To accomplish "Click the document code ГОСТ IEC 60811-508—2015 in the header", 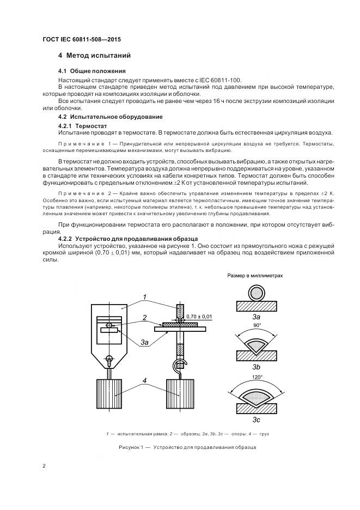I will (x=81, y=40).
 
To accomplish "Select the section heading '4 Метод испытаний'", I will (x=94, y=56).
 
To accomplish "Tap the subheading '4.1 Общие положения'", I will (x=91, y=71).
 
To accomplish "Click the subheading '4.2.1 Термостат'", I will (x=83, y=126).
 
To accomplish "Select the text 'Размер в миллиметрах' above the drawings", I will (x=255, y=276).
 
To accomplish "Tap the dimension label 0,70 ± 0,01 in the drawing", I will (x=199, y=316).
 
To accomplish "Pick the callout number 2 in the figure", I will (x=144, y=317).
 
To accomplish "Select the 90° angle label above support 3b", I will (x=257, y=324).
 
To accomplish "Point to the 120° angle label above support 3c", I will (x=257, y=376).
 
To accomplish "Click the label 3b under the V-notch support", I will (x=257, y=367).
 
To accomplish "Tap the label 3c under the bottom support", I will (x=257, y=420).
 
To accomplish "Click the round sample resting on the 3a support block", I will (x=256, y=293).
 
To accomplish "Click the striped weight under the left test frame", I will (x=111, y=395).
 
